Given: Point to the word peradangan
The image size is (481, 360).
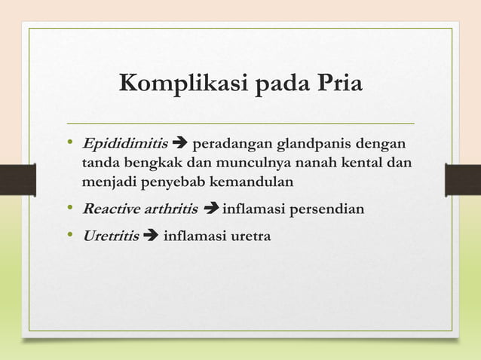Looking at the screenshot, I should point(231,143).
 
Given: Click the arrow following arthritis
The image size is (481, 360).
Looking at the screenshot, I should point(211,209).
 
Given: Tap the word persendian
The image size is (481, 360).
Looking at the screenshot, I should point(327,209).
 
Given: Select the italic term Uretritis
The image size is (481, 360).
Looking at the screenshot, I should point(111,236).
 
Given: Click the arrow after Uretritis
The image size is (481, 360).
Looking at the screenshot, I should point(150,236).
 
